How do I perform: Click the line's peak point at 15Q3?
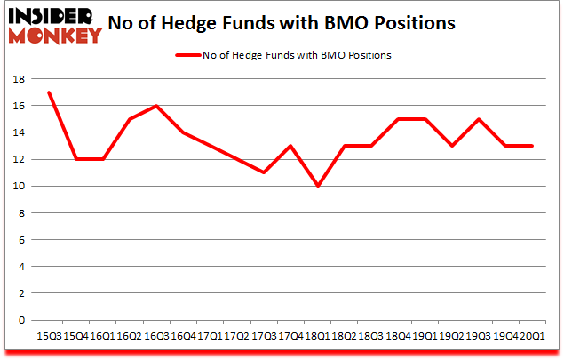[48, 92]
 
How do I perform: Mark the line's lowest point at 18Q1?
[316, 186]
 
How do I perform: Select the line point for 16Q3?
[155, 106]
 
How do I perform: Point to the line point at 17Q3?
[263, 172]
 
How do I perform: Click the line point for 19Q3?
[478, 119]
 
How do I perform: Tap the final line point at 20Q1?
[531, 146]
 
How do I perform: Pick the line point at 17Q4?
[290, 146]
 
